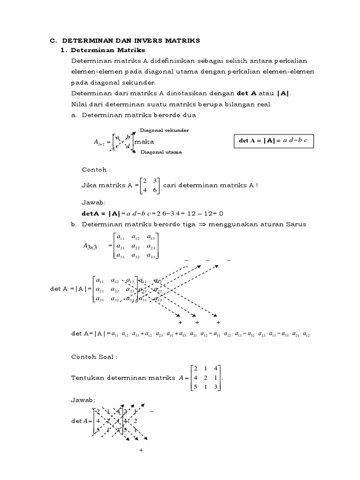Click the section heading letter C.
point(52,41)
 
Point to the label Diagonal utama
point(160,152)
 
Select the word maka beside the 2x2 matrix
point(144,142)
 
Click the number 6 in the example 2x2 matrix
point(154,190)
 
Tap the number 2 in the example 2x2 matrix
point(144,180)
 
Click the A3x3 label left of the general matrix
point(90,246)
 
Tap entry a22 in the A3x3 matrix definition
point(136,246)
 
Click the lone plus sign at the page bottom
point(140,450)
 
